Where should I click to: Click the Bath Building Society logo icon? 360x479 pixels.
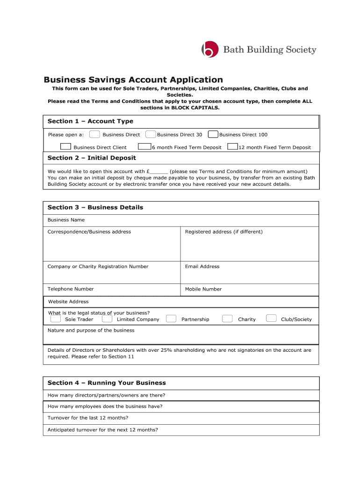click(210, 49)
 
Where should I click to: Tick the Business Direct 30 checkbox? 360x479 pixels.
click(151, 135)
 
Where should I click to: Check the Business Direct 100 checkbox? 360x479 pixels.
click(213, 135)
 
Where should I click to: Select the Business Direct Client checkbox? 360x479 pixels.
click(66, 147)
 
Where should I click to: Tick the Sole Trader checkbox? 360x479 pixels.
click(56, 319)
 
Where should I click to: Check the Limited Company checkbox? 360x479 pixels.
click(107, 319)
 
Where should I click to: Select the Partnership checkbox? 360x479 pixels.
click(171, 319)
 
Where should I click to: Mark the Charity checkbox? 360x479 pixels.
click(227, 319)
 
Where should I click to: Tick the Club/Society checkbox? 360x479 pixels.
click(271, 319)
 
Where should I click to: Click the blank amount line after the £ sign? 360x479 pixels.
click(159, 172)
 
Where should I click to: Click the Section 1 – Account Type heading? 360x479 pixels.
click(90, 122)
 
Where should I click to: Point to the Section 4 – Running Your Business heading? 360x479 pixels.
click(107, 383)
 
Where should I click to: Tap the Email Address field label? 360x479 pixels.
click(202, 267)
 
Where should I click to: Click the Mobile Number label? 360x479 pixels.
click(203, 289)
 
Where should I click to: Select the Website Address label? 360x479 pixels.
click(68, 302)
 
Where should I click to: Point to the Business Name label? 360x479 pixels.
click(66, 220)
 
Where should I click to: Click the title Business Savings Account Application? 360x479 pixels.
click(133, 80)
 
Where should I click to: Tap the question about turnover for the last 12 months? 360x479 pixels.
click(88, 418)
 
